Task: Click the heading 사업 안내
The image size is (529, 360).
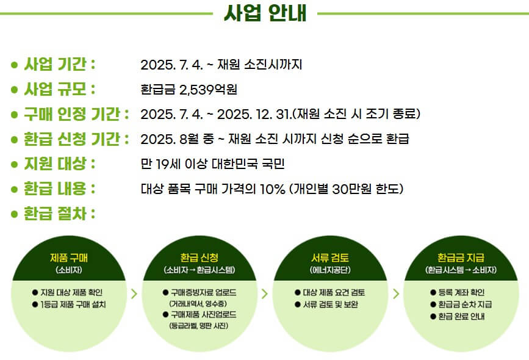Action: [265, 13]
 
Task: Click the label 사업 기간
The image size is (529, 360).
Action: [59, 64]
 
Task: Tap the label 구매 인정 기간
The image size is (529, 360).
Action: [75, 114]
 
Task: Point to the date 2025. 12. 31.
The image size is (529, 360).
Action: [254, 114]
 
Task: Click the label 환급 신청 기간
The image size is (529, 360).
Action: [75, 139]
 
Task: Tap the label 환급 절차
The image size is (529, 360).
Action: [59, 214]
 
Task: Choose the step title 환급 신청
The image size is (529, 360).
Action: [200, 256]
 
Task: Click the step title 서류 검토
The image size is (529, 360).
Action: [330, 256]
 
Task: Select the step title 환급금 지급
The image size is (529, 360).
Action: [461, 256]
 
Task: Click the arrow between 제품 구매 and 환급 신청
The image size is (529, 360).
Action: [134, 293]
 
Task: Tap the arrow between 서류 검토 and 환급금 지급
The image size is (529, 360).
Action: [395, 293]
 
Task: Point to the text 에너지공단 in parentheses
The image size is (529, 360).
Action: [330, 270]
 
